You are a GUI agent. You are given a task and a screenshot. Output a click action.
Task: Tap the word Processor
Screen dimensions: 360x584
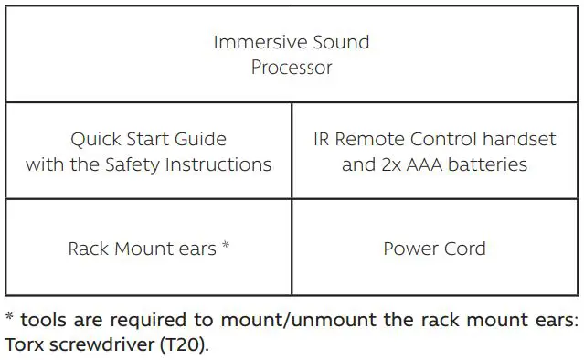[292, 68]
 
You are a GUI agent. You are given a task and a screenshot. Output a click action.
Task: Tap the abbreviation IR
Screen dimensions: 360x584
[322, 140]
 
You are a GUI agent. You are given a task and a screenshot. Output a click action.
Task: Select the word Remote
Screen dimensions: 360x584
[369, 140]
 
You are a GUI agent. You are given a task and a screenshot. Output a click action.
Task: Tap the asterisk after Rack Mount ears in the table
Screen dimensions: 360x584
[225, 246]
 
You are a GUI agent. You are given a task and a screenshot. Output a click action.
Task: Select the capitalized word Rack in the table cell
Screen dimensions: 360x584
[88, 249]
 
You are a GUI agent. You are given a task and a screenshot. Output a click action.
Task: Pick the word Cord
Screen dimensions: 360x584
[465, 249]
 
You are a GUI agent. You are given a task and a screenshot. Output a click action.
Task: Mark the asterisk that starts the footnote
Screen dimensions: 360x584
[8, 318]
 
